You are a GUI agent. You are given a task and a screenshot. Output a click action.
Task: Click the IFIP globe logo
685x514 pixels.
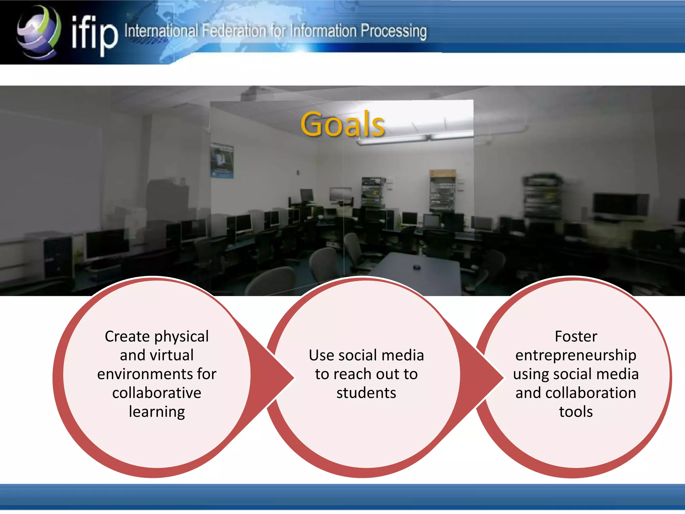pyautogui.click(x=39, y=32)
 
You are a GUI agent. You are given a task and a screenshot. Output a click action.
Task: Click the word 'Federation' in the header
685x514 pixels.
pyautogui.click(x=234, y=31)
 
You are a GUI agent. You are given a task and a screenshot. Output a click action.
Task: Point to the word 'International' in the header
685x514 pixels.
pyautogui.click(x=161, y=31)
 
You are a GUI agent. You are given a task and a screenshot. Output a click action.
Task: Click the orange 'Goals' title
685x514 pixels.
pyautogui.click(x=342, y=124)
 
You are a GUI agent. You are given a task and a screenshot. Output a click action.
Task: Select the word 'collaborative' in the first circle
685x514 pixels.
pyautogui.click(x=157, y=393)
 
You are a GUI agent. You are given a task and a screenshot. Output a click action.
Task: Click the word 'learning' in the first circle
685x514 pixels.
pyautogui.click(x=157, y=412)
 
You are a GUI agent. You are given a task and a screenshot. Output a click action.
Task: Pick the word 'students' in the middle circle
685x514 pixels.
pyautogui.click(x=366, y=393)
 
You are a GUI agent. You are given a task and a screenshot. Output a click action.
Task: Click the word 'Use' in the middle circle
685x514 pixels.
pyautogui.click(x=321, y=355)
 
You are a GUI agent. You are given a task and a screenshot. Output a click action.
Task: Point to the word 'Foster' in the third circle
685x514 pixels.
pyautogui.click(x=576, y=336)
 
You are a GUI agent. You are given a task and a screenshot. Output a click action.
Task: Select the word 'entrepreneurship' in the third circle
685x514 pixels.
pyautogui.click(x=576, y=355)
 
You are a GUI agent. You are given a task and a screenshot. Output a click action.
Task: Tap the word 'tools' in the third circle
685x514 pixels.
pyautogui.click(x=576, y=412)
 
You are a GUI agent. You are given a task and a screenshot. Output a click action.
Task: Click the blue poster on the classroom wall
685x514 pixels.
pyautogui.click(x=222, y=160)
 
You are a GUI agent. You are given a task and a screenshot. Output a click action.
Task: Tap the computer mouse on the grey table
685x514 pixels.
pyautogui.click(x=416, y=267)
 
